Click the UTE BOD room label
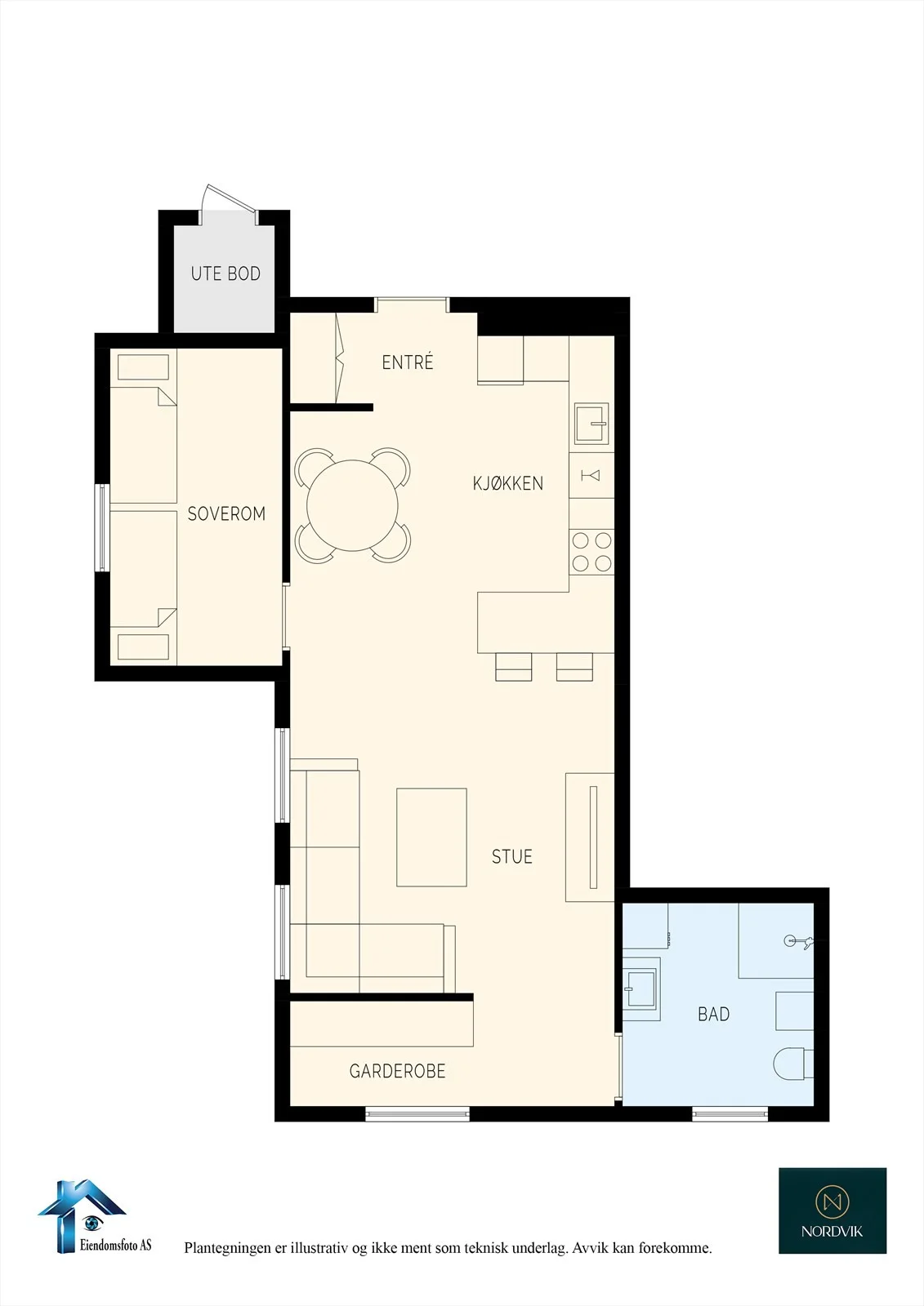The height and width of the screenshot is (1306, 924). [x=225, y=273]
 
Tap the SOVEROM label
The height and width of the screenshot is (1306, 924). [x=226, y=513]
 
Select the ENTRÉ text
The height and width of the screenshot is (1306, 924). [x=408, y=362]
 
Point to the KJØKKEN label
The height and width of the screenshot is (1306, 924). [x=508, y=483]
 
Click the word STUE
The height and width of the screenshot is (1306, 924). [x=512, y=856]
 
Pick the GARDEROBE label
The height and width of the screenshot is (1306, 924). [x=398, y=1071]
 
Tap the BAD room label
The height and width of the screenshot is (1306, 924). [x=713, y=1015]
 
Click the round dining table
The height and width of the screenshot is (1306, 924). [x=353, y=505]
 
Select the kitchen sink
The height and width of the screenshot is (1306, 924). [x=591, y=424]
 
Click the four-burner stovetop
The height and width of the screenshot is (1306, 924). [x=591, y=552]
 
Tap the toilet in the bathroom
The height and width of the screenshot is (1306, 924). [x=793, y=1064]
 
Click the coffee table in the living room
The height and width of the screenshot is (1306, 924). [x=431, y=837]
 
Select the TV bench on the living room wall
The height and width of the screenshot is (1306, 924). [x=590, y=837]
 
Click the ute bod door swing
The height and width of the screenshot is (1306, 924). [x=228, y=203]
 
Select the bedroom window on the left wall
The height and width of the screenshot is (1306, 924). [x=102, y=528]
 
